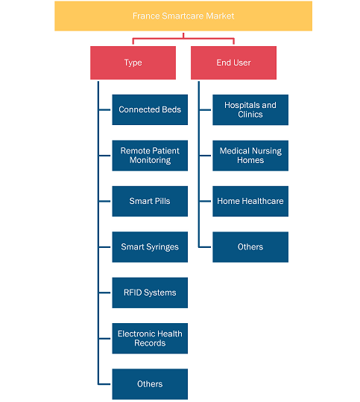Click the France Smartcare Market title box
click(183, 16)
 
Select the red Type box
click(133, 63)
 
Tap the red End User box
click(233, 63)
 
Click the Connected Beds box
click(150, 109)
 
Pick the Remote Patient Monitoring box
click(150, 156)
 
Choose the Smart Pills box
click(150, 201)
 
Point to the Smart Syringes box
click(150, 247)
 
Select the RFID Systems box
click(150, 293)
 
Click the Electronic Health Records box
click(150, 339)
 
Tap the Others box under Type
click(150, 384)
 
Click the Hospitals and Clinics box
click(250, 109)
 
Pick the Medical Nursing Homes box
click(250, 156)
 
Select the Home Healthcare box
click(250, 201)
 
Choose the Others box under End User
click(250, 247)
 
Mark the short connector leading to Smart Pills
click(104, 201)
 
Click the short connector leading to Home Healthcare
click(205, 201)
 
